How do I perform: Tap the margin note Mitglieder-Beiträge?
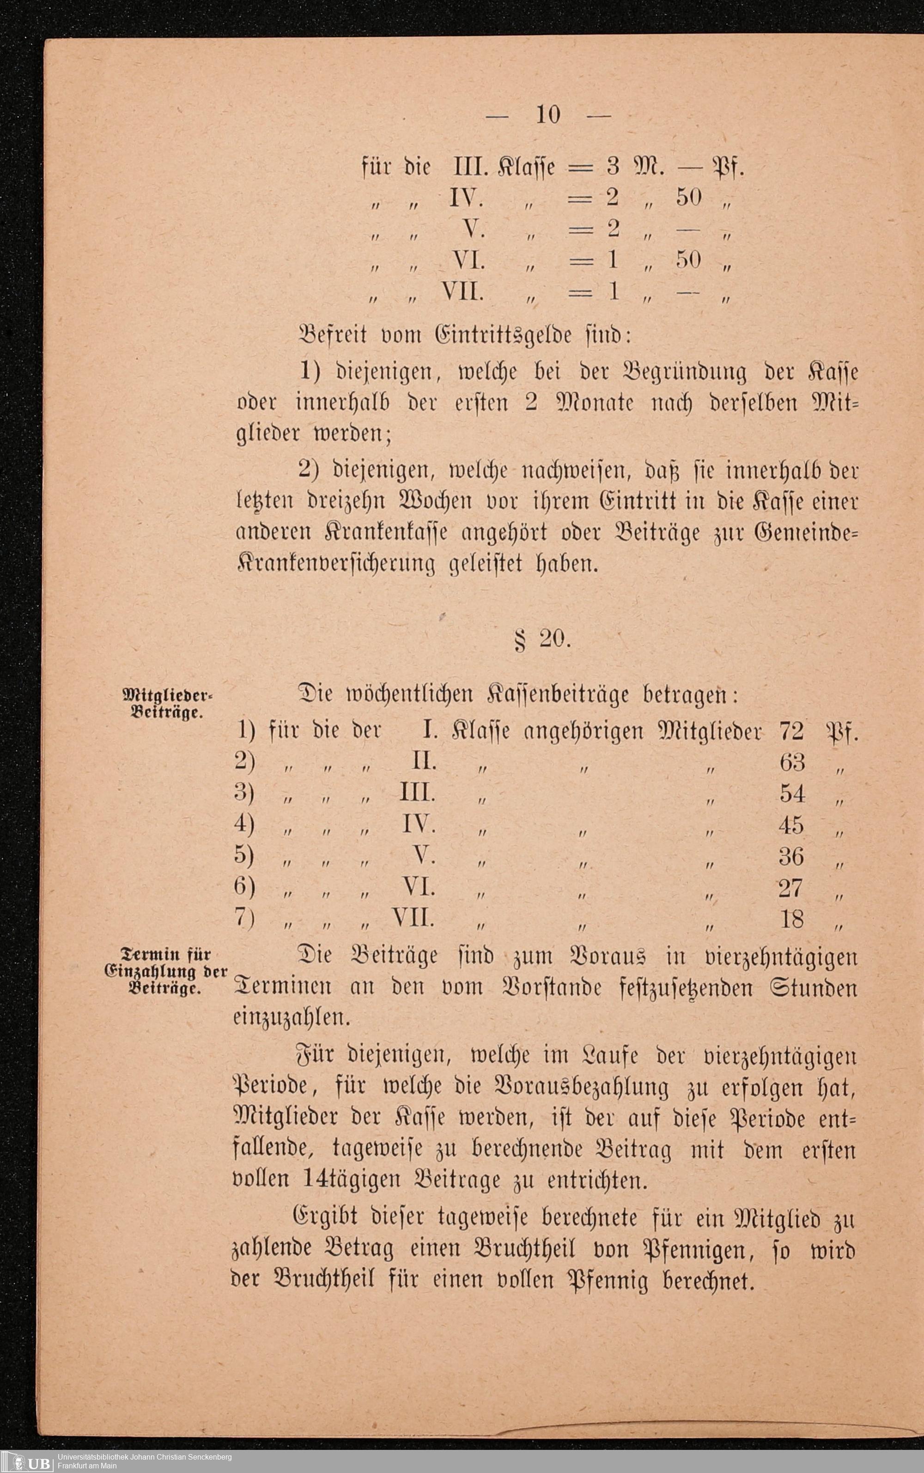tap(167, 704)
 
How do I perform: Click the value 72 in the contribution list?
tap(791, 731)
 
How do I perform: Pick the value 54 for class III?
tap(792, 793)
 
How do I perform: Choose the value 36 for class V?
tap(791, 856)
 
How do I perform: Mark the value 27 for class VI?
tap(791, 888)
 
